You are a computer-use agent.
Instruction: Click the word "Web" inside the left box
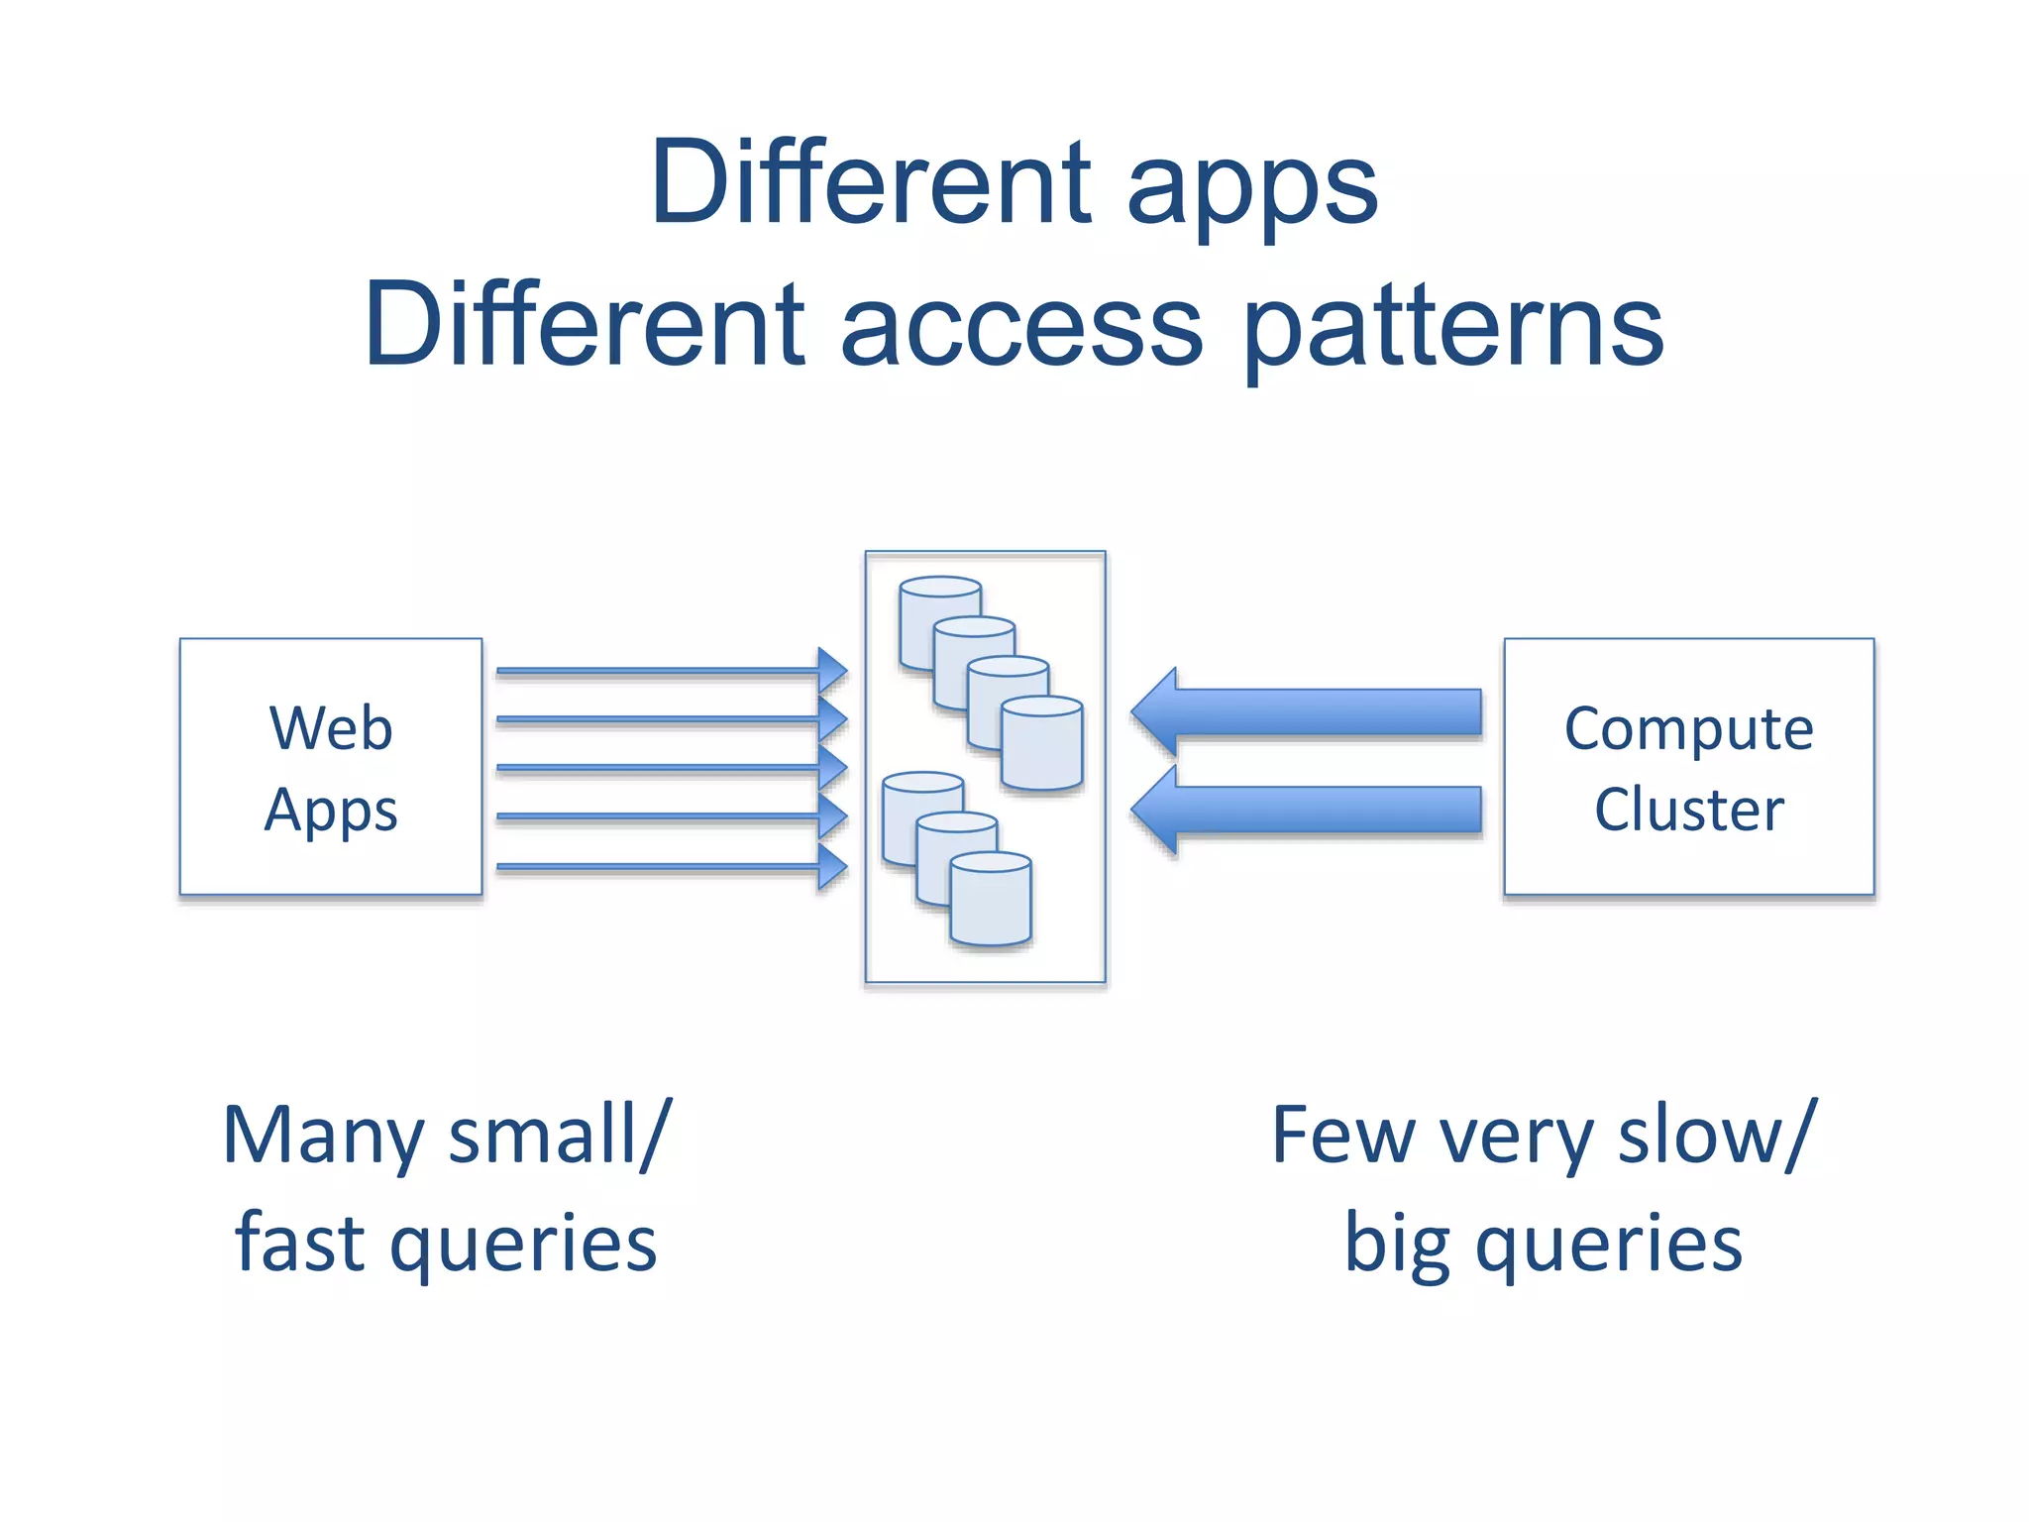coord(331,728)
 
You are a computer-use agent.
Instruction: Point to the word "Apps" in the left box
coord(331,811)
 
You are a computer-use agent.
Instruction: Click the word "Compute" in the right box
coord(1688,729)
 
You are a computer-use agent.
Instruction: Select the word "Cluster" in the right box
coord(1688,810)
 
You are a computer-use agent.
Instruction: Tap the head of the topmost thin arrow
coord(832,671)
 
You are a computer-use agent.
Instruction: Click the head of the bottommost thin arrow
coord(832,867)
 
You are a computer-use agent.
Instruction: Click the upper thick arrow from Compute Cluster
coord(1308,711)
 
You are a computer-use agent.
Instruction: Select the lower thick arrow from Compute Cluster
coord(1308,810)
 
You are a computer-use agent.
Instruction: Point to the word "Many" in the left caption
coord(323,1137)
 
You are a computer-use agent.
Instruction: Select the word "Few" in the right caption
coord(1343,1136)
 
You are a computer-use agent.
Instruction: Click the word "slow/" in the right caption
coord(1718,1136)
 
